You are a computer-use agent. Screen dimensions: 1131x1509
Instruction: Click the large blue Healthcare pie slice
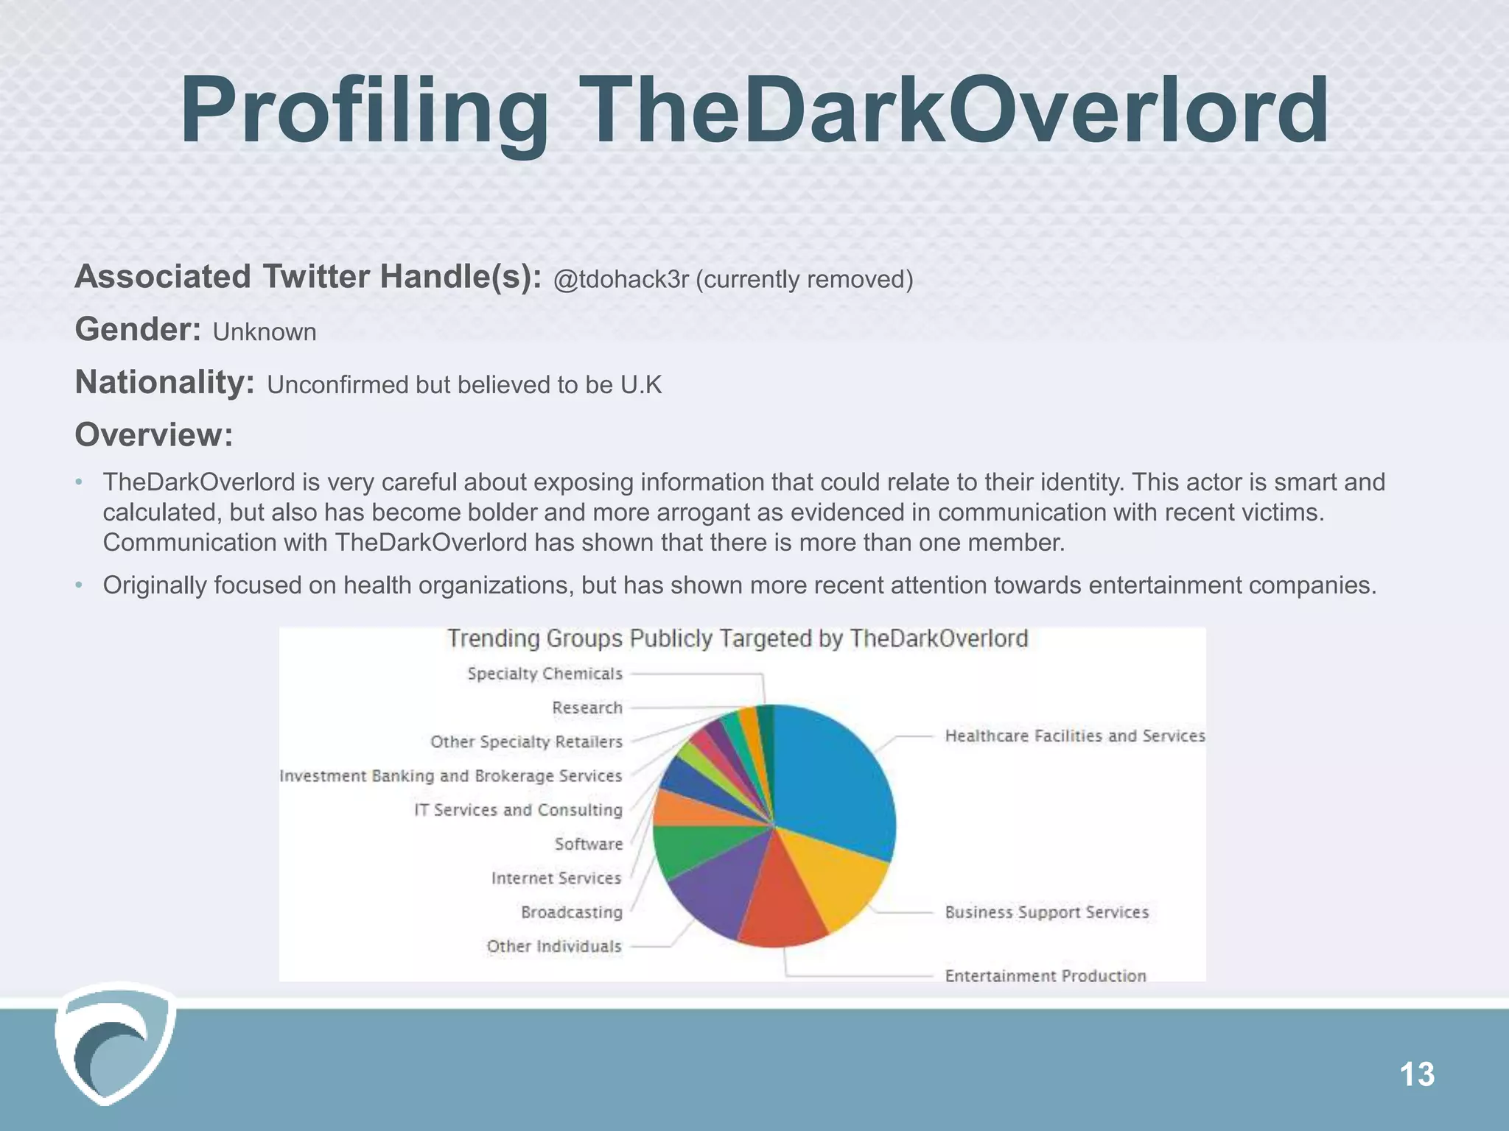coord(833,781)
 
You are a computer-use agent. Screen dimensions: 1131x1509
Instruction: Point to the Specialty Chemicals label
coord(545,674)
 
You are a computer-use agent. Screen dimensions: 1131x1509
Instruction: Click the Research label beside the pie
coord(587,708)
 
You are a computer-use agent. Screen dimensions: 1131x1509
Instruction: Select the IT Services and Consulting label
coord(518,810)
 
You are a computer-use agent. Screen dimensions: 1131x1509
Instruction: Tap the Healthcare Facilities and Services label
coord(1074,736)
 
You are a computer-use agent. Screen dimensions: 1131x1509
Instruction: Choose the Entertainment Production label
coord(1045,976)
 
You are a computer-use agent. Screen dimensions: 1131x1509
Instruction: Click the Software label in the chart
coord(588,844)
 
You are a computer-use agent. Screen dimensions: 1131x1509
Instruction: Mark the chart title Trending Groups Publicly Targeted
coord(737,638)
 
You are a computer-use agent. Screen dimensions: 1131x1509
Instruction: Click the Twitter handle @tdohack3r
coord(620,280)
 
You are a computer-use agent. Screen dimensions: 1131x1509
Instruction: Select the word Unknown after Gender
coord(265,332)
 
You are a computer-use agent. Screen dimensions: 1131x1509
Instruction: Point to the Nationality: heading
coord(164,383)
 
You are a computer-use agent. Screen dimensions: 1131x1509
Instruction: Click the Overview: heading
coord(153,435)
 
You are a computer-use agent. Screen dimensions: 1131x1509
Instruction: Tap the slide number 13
coord(1416,1074)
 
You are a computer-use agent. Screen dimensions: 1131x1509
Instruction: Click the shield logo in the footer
coord(115,1042)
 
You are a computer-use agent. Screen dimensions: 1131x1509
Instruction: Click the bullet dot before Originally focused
coord(79,586)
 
